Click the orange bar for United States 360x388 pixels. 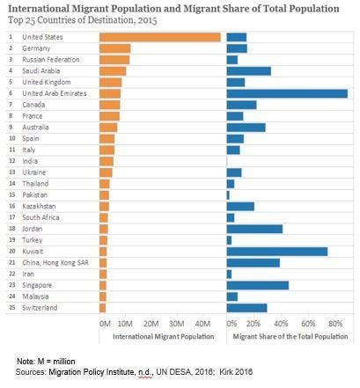(x=160, y=37)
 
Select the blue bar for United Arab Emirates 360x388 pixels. (x=287, y=93)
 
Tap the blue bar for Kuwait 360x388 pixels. (x=277, y=252)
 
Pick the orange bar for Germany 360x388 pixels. (x=115, y=48)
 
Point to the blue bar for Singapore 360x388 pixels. (x=258, y=285)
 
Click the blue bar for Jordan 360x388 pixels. (x=254, y=229)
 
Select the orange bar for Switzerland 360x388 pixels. (x=103, y=308)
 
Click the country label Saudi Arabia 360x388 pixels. (x=41, y=71)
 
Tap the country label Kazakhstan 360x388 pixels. (x=39, y=206)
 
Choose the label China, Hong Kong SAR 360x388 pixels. (x=55, y=263)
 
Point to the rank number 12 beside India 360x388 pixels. (x=12, y=161)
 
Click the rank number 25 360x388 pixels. (x=12, y=308)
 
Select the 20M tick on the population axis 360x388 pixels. (x=151, y=324)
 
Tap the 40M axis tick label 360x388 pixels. (x=203, y=324)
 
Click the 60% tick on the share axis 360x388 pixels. (x=308, y=324)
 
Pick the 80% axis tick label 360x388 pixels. (x=335, y=324)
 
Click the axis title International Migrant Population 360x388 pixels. (x=164, y=336)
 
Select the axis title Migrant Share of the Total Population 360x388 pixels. (x=290, y=337)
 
